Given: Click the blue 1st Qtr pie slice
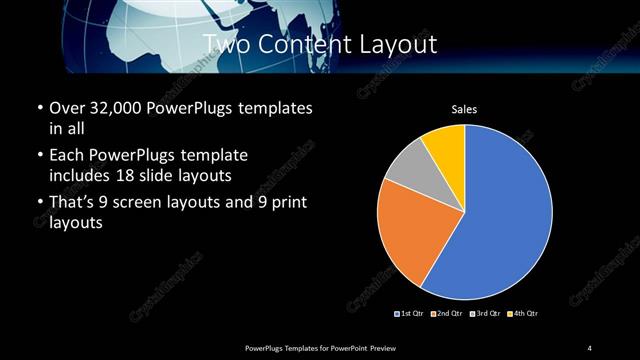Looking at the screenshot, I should (500, 220).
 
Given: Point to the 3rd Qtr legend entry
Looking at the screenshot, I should (486, 314).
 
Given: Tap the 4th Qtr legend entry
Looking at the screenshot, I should (523, 314).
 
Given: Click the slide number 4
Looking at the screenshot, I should (589, 347).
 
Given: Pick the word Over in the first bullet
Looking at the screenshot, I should (68, 108).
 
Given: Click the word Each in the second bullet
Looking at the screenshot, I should (67, 156).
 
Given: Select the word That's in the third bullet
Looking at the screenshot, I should (75, 205).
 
